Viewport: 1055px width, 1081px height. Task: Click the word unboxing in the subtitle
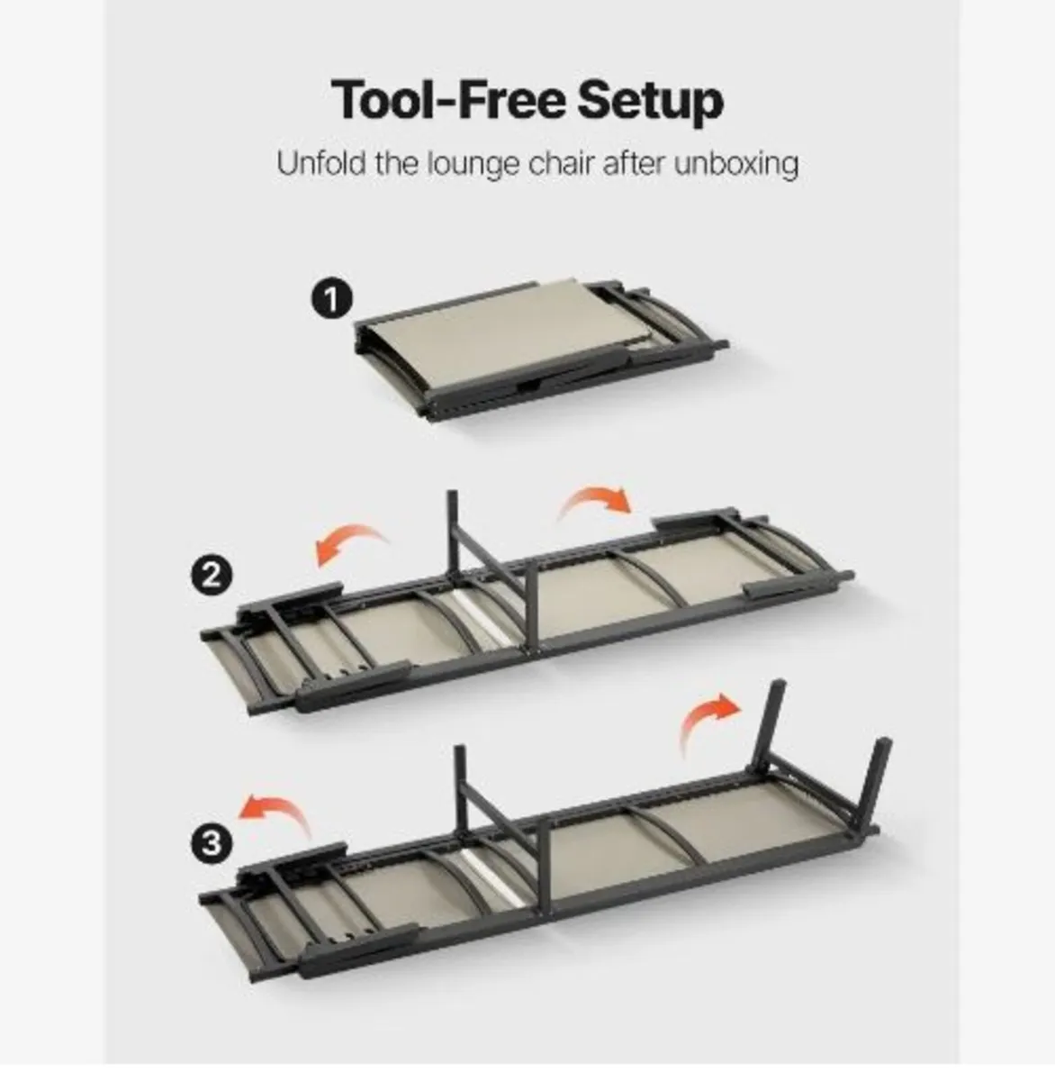(736, 166)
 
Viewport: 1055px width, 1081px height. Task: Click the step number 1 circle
(331, 299)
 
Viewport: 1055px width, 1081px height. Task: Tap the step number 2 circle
(212, 576)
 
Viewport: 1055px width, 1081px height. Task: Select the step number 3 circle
(212, 844)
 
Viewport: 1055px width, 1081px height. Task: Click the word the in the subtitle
(396, 163)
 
